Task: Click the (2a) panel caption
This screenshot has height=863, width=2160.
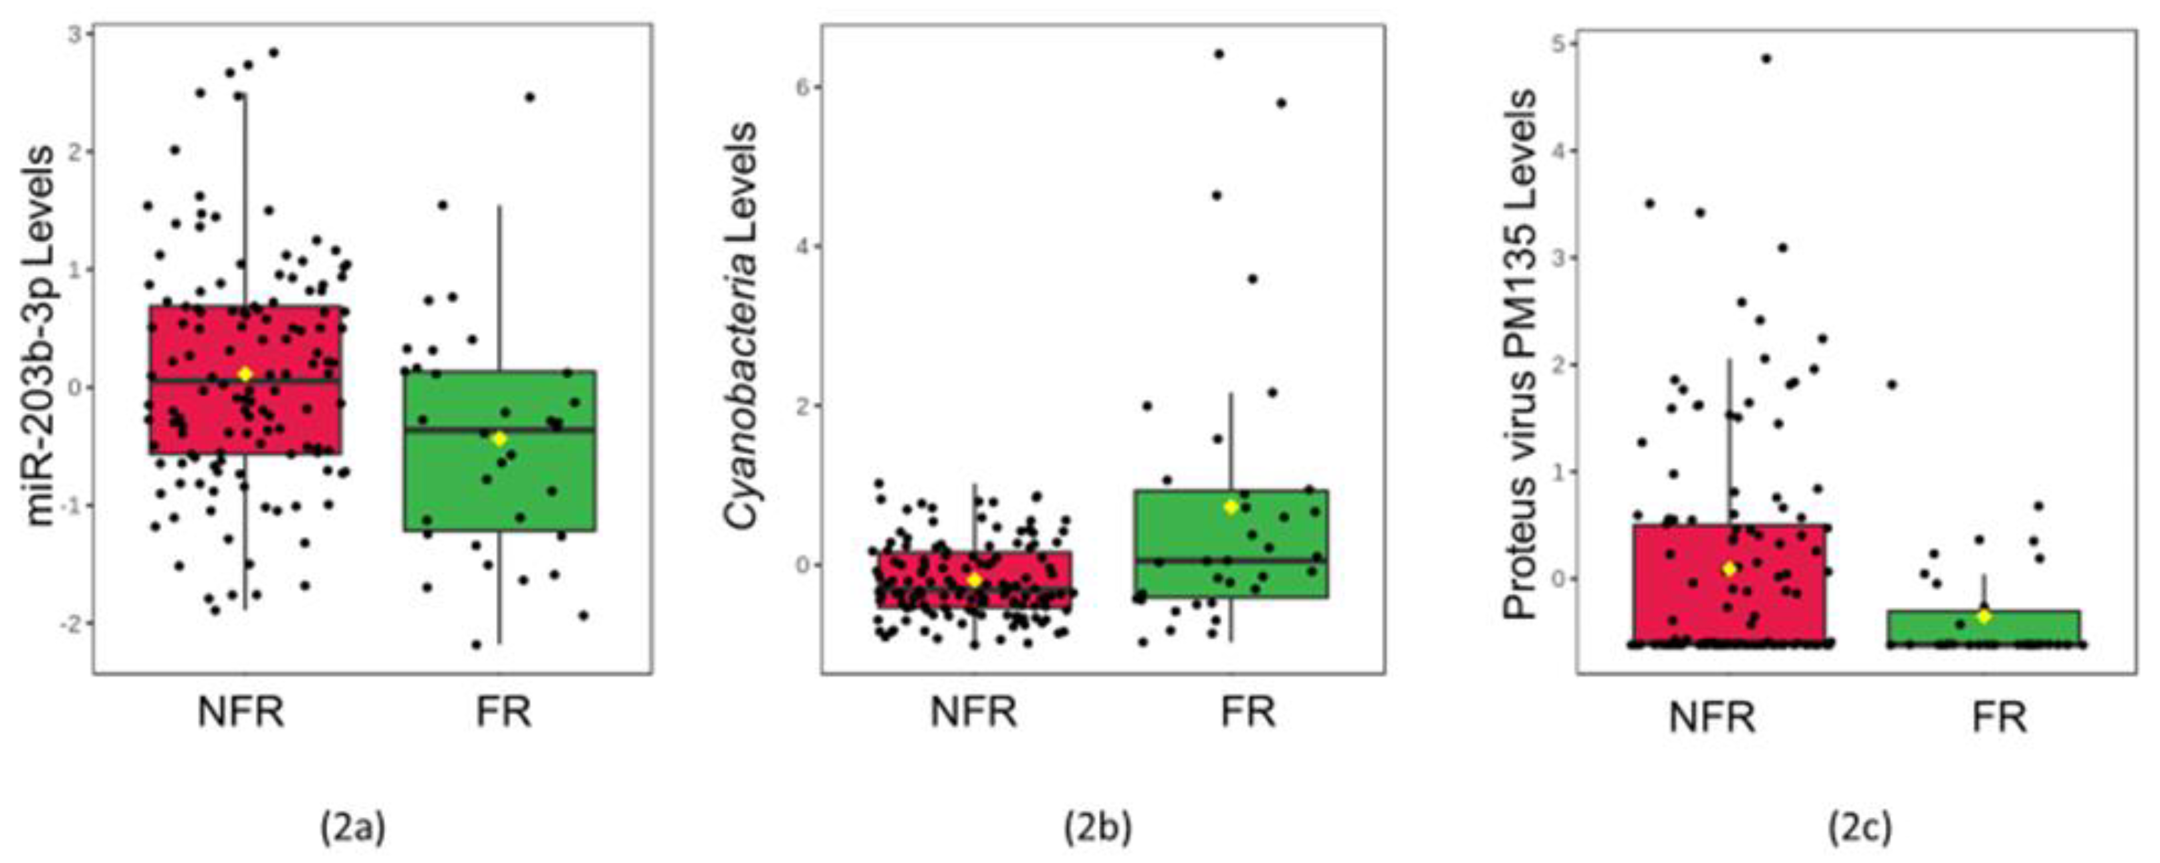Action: (x=353, y=828)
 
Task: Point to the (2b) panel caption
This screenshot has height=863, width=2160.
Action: (x=1098, y=828)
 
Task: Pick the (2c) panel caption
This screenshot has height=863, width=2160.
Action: (x=1860, y=828)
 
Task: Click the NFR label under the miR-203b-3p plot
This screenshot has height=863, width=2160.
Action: (x=241, y=713)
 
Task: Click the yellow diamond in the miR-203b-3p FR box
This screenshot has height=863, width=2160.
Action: (x=499, y=439)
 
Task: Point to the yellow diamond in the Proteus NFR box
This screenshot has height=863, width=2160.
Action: (x=1729, y=568)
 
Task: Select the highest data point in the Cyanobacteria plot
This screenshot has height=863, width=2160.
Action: (x=1219, y=55)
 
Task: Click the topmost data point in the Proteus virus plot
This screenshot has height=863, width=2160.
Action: (x=1766, y=59)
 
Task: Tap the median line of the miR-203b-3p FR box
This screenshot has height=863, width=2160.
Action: (x=537, y=430)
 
